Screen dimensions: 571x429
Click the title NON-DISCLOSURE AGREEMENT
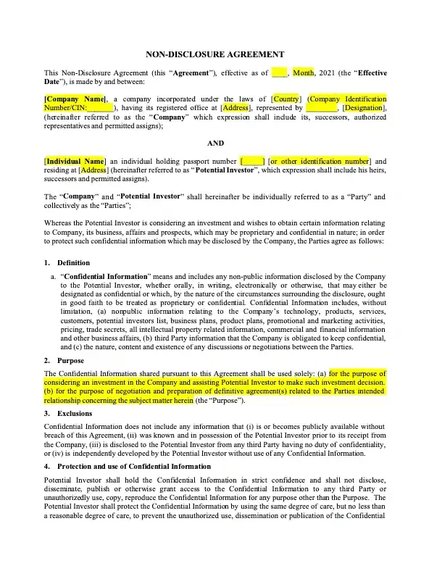(x=215, y=54)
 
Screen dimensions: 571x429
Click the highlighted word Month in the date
(x=303, y=73)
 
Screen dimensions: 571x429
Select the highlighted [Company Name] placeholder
(x=75, y=99)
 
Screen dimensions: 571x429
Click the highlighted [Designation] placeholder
(x=364, y=108)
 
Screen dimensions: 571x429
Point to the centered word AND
(x=215, y=143)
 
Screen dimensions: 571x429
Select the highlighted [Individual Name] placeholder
(x=75, y=161)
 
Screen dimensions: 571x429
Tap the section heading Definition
(x=74, y=262)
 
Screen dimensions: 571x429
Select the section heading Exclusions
(x=75, y=413)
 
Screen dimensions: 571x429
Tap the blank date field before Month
(x=280, y=73)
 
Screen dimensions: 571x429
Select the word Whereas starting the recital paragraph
(x=59, y=222)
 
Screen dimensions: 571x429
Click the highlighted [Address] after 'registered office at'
(x=236, y=108)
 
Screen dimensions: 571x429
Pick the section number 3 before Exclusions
(x=46, y=413)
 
